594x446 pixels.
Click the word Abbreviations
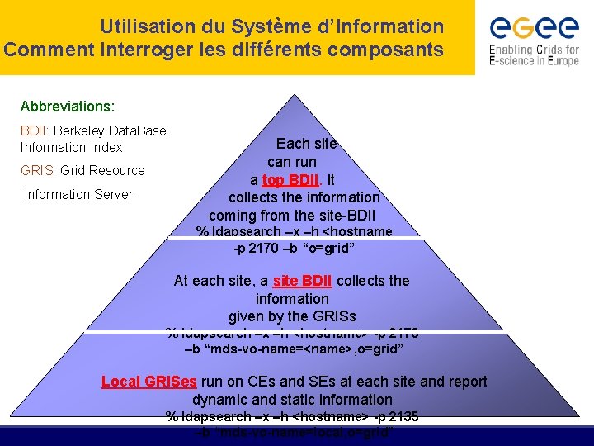coord(68,107)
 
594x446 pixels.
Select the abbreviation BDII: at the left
coord(35,130)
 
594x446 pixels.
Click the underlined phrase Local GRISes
coord(148,382)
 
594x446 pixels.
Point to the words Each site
coord(306,143)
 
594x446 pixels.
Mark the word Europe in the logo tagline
coord(559,61)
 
